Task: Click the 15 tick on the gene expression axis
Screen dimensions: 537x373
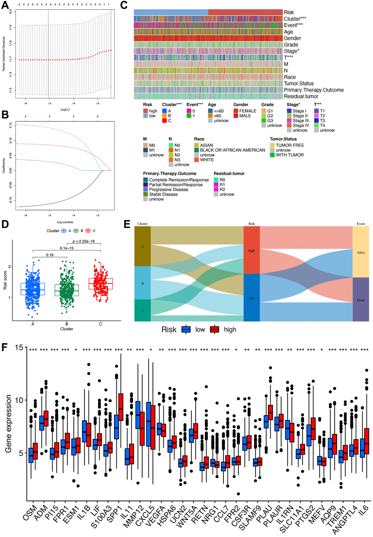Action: (19, 347)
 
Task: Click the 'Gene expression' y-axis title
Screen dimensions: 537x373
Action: (8, 424)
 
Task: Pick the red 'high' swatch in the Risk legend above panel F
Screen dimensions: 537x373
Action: (214, 330)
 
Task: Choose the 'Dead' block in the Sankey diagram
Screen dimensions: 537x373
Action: (361, 300)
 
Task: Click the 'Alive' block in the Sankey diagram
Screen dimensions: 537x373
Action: (361, 252)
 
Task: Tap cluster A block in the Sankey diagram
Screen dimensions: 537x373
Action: (143, 247)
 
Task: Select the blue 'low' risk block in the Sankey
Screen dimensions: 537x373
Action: (252, 298)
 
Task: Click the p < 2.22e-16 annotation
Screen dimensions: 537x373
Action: (84, 241)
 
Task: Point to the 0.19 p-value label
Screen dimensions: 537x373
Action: (50, 255)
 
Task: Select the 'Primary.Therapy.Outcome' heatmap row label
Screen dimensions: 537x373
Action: (314, 90)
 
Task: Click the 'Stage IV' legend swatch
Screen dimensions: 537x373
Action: (289, 125)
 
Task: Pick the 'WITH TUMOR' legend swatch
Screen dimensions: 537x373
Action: (272, 155)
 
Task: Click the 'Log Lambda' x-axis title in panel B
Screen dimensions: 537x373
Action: (65, 222)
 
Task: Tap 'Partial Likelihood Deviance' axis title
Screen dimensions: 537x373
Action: (4, 54)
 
